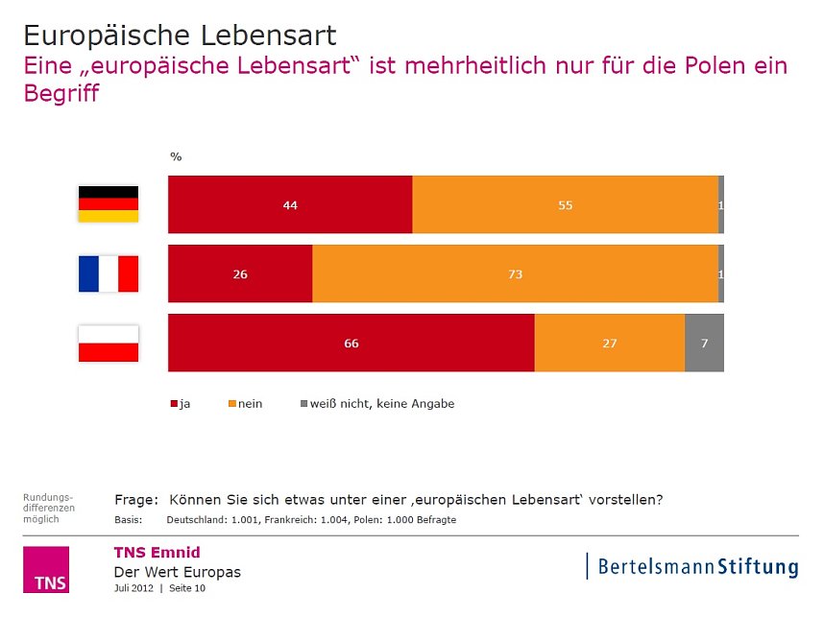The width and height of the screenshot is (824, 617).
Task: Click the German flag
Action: coord(108,203)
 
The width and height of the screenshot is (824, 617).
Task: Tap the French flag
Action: coord(108,273)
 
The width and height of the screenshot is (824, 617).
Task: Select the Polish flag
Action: coord(108,343)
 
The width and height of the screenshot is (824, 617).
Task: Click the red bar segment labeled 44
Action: coord(290,204)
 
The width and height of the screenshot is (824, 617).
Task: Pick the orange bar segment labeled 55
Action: coord(565,204)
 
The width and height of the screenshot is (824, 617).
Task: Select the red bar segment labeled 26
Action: coord(240,273)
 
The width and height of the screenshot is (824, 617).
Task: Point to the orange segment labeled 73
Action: coord(515,273)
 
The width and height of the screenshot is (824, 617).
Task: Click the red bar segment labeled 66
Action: coord(351,343)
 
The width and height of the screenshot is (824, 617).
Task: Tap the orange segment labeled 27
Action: coord(609,343)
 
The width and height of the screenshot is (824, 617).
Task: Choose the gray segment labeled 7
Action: coord(704,343)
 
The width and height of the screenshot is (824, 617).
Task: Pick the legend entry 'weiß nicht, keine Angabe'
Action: coord(377,404)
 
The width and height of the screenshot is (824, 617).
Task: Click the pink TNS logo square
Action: coord(46,570)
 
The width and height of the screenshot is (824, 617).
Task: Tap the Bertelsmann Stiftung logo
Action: coord(692,566)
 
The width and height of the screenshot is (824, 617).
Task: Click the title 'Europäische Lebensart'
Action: coord(180,36)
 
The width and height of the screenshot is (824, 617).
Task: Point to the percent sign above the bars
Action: coord(176,156)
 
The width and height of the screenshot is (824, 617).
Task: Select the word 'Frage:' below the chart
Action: coord(135,499)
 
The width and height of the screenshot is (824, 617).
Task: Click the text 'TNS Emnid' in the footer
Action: coord(157,552)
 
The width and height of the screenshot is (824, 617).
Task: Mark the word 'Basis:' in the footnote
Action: coord(128,520)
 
